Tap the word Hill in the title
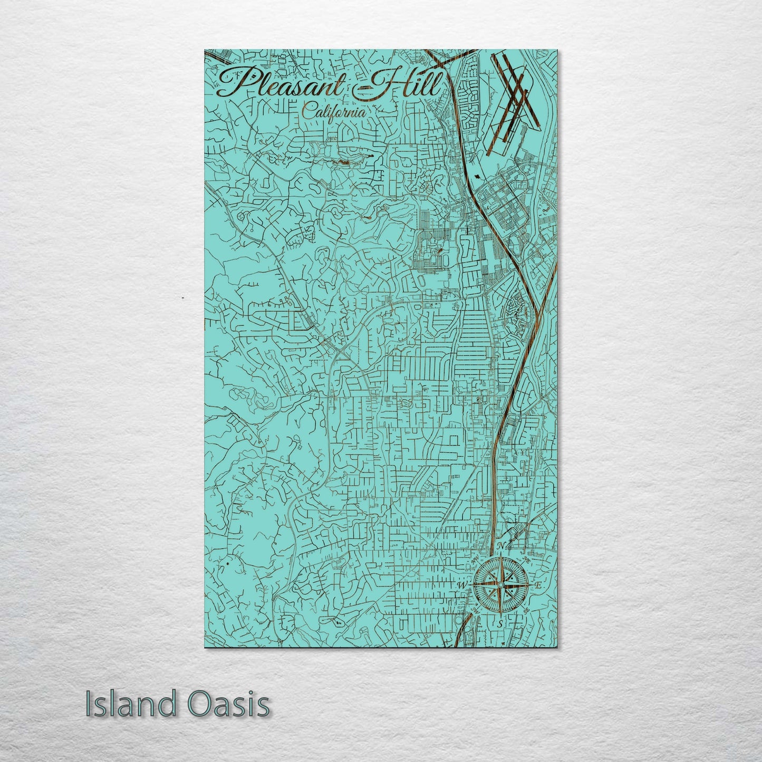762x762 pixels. click(x=406, y=84)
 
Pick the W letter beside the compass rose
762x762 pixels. click(x=461, y=585)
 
